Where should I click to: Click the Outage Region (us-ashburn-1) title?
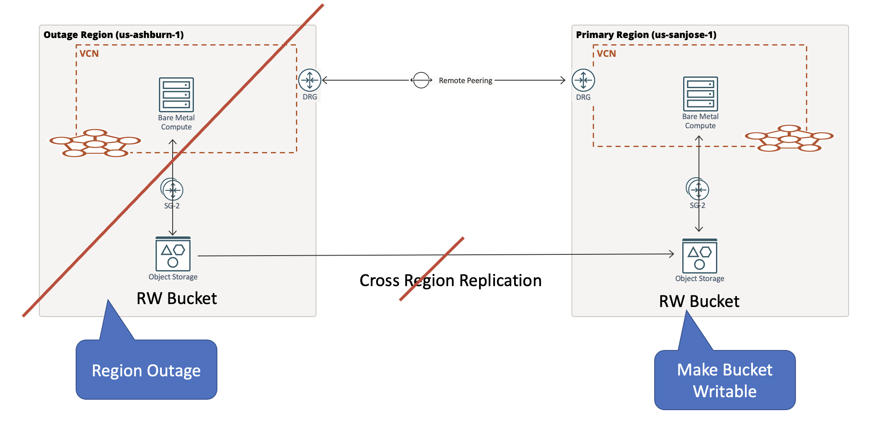tap(113, 35)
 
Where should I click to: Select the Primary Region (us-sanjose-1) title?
tap(646, 35)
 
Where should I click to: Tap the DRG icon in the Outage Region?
tap(310, 80)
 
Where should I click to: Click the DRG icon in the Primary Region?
tap(583, 80)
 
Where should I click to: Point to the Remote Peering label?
tap(465, 81)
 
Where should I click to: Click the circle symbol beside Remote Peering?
tap(421, 80)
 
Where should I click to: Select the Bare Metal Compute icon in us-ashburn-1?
tap(176, 94)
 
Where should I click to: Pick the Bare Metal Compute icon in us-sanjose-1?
tap(700, 94)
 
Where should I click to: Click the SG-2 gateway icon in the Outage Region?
tap(172, 190)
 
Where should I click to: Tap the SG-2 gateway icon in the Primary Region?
tap(698, 190)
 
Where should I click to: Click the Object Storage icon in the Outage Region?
tap(173, 254)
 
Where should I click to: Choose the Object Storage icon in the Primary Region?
tap(699, 256)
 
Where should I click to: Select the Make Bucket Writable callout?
tap(724, 380)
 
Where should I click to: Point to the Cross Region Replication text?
tap(450, 281)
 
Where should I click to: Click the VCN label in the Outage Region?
tap(89, 54)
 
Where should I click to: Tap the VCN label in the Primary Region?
tap(606, 54)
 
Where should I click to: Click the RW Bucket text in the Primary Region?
tap(699, 301)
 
